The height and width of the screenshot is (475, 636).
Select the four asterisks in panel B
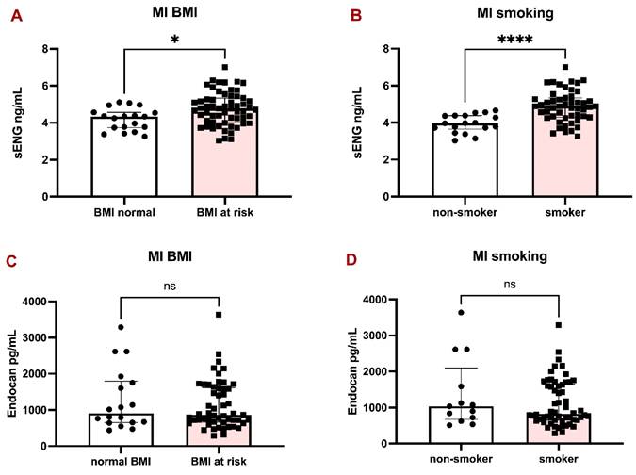pyautogui.click(x=514, y=40)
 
